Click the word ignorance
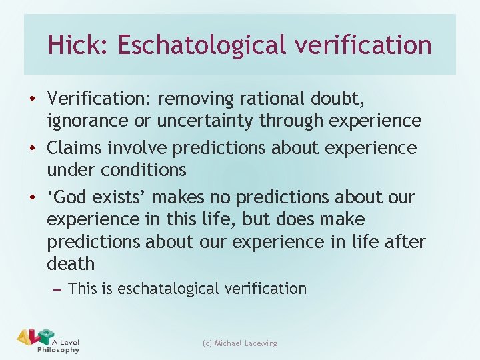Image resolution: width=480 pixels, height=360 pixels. (85, 121)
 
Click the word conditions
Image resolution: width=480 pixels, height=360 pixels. (143, 169)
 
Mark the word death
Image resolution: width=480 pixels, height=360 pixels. (71, 263)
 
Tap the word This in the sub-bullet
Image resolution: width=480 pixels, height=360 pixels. (83, 289)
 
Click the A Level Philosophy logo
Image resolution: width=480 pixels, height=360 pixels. (47, 340)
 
